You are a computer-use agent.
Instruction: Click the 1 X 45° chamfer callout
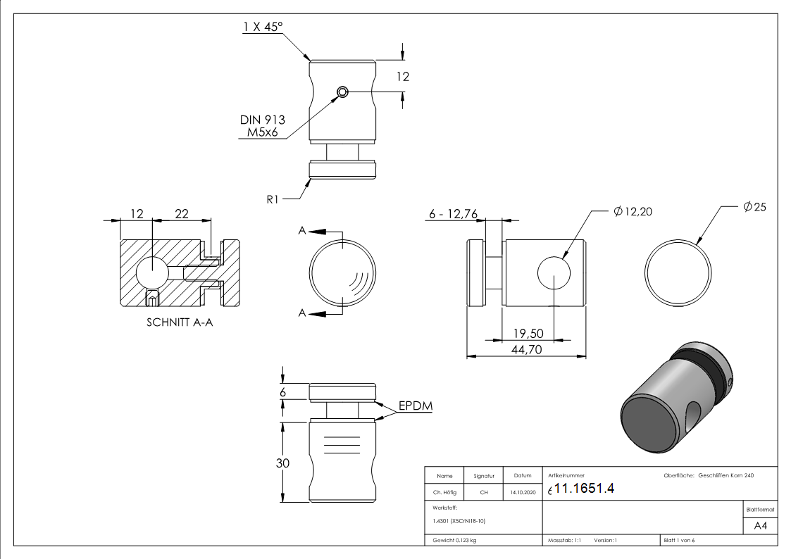262,27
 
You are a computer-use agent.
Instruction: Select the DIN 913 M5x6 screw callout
261,127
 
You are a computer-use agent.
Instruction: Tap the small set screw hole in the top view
342,92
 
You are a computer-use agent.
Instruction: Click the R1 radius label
274,199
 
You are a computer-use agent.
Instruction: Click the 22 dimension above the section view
181,213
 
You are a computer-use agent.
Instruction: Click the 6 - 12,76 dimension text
453,214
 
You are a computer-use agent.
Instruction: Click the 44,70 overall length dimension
527,348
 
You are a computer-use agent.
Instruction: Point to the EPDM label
415,406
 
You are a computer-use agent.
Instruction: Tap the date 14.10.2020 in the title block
522,493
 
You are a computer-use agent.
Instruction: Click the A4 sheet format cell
760,526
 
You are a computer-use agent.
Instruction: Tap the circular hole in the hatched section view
151,273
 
